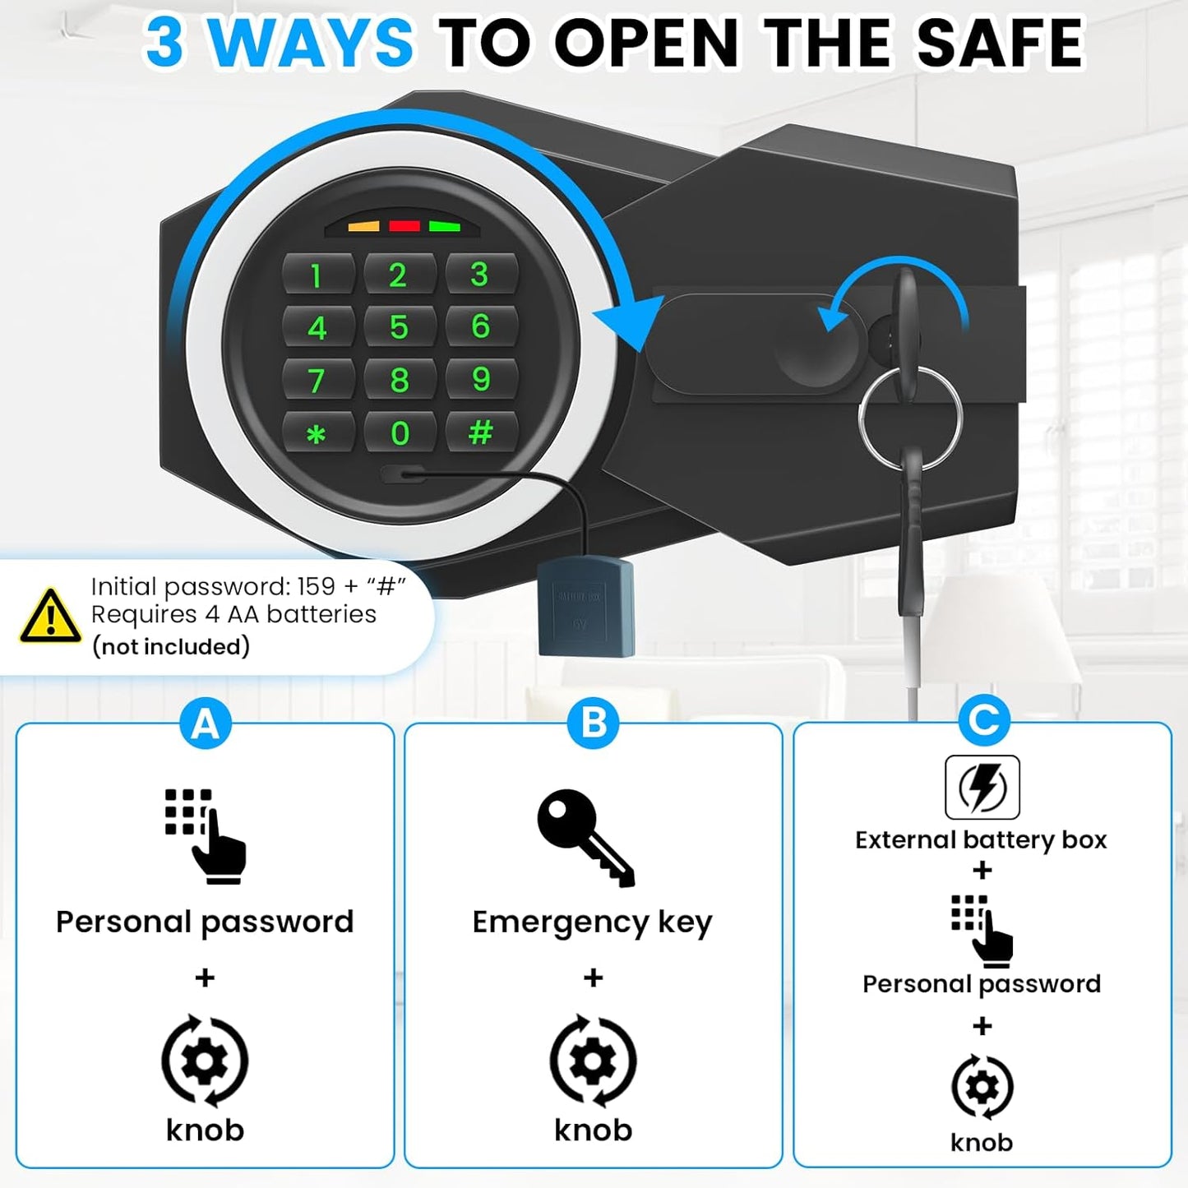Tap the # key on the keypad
tap(481, 432)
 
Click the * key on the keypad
tap(317, 433)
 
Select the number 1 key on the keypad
tap(317, 276)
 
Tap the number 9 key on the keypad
tap(481, 379)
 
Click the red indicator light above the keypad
tap(404, 226)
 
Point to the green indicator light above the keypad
tap(444, 226)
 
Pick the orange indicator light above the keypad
tap(363, 226)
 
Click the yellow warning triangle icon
tap(50, 617)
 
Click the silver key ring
tap(910, 418)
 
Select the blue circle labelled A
tap(205, 724)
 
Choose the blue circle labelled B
tap(594, 723)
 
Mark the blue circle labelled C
tap(983, 720)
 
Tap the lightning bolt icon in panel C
tap(982, 787)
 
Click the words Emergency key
tap(592, 922)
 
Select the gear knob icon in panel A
tap(205, 1061)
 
